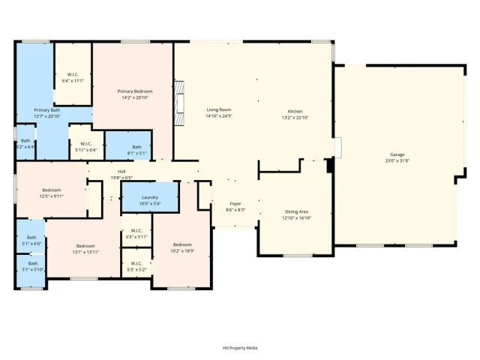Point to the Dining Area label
pos(296,214)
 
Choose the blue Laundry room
pos(150,199)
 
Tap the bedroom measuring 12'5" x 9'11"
pos(52,193)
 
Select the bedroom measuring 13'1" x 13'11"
pos(85,249)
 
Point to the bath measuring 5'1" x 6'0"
pos(31,241)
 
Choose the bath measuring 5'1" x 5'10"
pos(32,266)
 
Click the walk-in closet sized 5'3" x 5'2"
pos(136,266)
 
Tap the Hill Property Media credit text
pos(239,348)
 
